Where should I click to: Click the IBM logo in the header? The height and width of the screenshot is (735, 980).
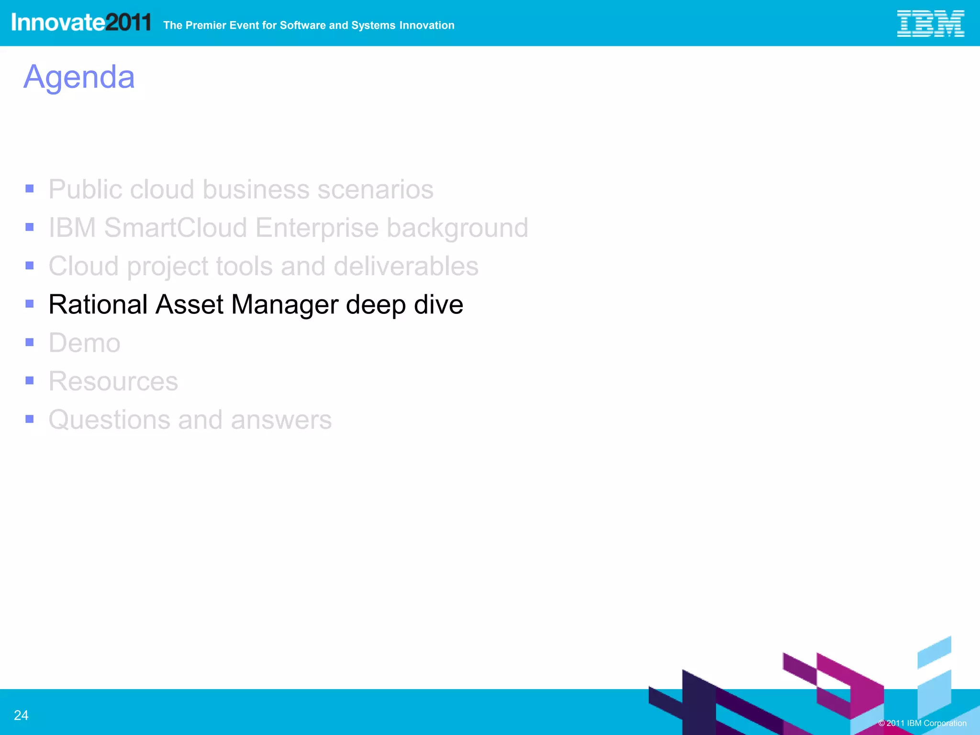click(x=930, y=23)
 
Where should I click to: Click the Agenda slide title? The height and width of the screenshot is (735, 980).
click(x=79, y=77)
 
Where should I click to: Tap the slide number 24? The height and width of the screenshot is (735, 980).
click(x=21, y=715)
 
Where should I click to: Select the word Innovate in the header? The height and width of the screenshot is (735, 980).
click(x=58, y=22)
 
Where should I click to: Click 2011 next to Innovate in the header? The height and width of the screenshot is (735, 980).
click(x=128, y=22)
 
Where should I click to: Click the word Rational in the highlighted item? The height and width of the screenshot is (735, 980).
click(x=98, y=304)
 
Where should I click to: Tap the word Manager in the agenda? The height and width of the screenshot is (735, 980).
click(x=284, y=305)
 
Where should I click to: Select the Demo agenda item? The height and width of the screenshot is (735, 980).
click(x=85, y=343)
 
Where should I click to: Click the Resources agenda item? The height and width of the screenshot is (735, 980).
click(x=113, y=381)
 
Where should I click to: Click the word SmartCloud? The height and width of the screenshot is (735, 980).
click(x=176, y=227)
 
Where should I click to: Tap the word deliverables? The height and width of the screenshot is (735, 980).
click(x=406, y=266)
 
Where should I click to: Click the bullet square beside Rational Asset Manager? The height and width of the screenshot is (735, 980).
click(x=30, y=304)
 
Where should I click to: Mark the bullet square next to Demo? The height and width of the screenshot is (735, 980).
click(x=30, y=342)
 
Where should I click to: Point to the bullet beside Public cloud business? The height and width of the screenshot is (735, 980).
click(x=30, y=189)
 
